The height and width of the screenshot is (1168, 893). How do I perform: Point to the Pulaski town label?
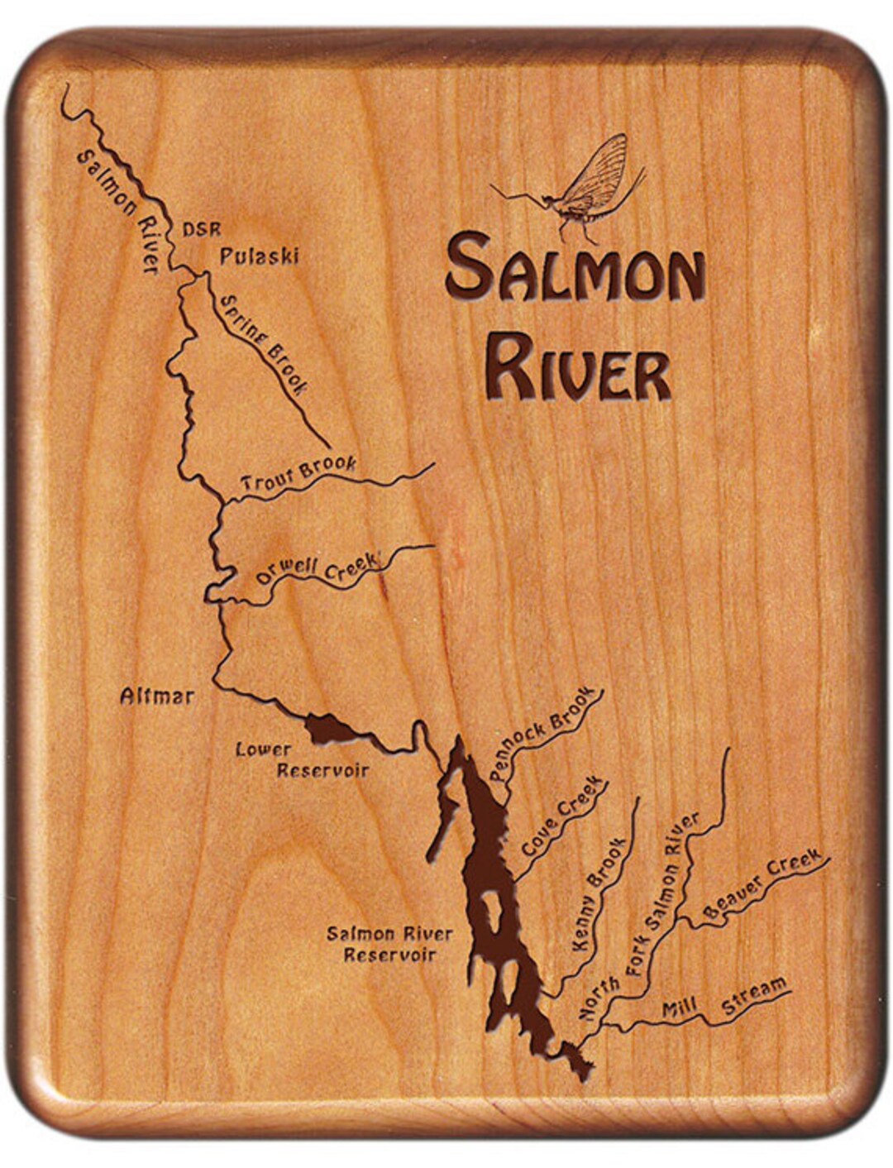[258, 256]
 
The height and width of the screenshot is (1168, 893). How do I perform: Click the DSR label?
[203, 228]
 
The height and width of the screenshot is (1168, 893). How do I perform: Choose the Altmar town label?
[157, 696]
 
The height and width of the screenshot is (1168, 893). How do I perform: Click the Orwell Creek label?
[317, 567]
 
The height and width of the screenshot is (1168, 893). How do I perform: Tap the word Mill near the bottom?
[680, 1008]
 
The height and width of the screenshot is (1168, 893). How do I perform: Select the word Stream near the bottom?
[754, 997]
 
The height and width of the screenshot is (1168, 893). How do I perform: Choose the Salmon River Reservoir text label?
[389, 944]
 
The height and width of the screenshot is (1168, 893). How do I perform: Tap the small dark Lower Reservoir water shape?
[328, 730]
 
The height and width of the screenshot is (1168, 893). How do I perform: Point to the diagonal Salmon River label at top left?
[117, 211]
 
